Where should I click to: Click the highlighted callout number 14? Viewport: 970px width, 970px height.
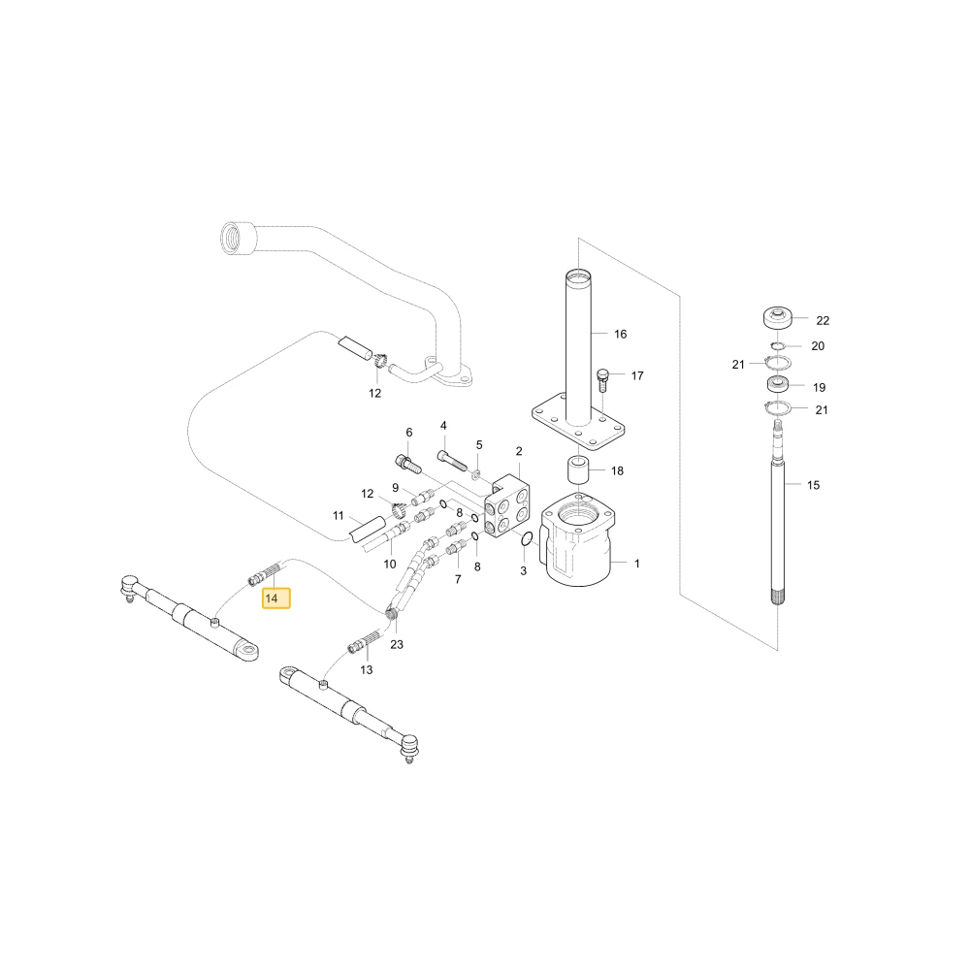[272, 598]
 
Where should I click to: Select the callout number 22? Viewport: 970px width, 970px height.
[823, 320]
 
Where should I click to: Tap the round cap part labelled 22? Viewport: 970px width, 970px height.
[778, 318]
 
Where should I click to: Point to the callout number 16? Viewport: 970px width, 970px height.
[621, 334]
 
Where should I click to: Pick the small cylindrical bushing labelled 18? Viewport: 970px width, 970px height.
[578, 470]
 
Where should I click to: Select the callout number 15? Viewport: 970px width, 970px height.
[813, 486]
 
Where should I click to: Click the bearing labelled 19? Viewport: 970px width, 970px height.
[777, 384]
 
